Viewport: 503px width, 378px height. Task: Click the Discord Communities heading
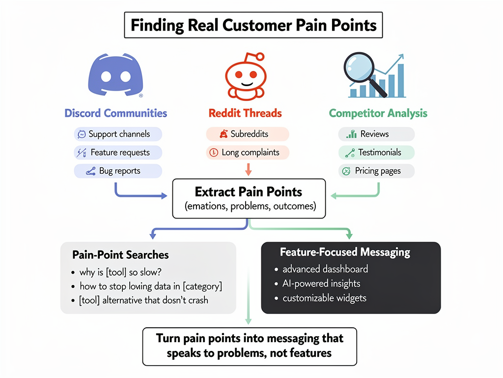pyautogui.click(x=116, y=113)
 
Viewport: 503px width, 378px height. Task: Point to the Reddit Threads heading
pyautogui.click(x=245, y=113)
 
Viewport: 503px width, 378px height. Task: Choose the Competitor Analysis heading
pyautogui.click(x=378, y=113)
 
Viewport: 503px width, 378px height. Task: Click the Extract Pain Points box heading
pyautogui.click(x=249, y=192)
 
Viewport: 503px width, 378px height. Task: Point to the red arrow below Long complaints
pyautogui.click(x=248, y=170)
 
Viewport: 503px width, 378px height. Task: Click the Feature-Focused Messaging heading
pyautogui.click(x=345, y=252)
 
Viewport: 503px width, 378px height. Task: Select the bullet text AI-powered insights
pyautogui.click(x=321, y=283)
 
